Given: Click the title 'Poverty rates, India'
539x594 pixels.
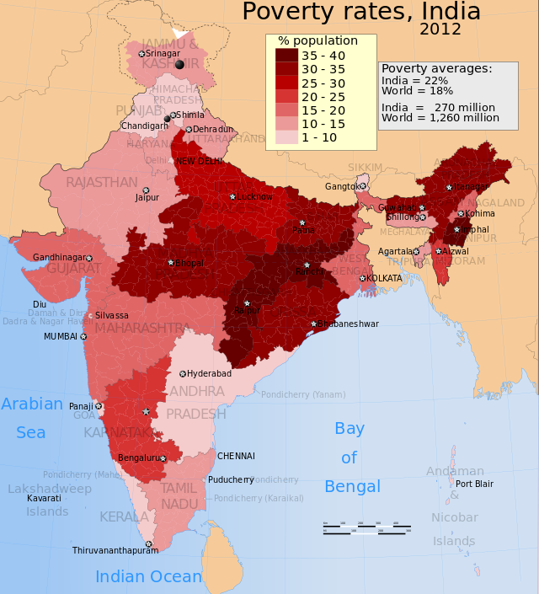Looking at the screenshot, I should click(361, 12).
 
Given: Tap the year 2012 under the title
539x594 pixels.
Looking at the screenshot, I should click(440, 30).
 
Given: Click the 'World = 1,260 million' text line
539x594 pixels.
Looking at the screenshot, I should click(440, 118).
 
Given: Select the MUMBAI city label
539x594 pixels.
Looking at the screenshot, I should click(60, 336).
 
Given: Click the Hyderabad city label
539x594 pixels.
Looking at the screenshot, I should click(209, 373).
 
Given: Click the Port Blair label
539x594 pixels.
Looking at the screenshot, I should click(474, 484).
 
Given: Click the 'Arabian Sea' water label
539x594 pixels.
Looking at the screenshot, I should click(32, 418).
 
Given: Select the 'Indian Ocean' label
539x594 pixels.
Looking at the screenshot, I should click(148, 576).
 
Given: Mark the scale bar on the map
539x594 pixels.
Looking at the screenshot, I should click(366, 527).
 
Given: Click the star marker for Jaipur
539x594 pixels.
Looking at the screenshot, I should click(146, 190).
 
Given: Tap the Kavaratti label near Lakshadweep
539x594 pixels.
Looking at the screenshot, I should click(44, 498).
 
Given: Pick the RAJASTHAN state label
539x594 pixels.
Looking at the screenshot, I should click(101, 182).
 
